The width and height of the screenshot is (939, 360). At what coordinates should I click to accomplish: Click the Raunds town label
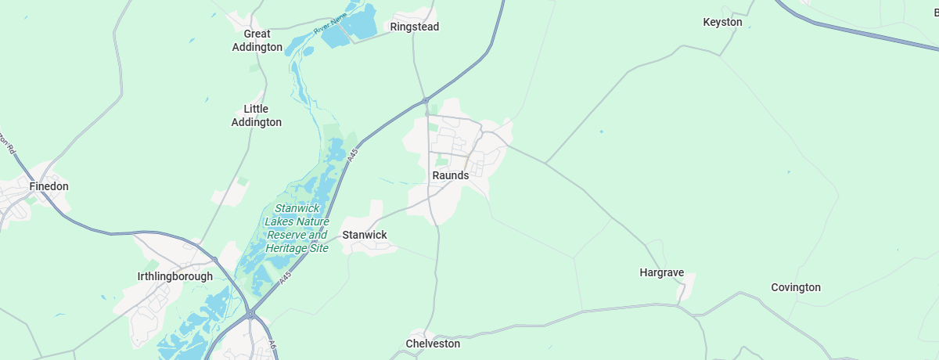[450, 175]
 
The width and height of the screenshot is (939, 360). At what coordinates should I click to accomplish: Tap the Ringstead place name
[415, 27]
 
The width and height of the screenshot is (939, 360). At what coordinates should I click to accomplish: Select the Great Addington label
[257, 41]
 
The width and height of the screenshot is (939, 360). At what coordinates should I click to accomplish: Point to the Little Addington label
[256, 116]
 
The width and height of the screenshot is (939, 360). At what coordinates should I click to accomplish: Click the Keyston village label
[722, 22]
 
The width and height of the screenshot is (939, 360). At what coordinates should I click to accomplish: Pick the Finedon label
[49, 186]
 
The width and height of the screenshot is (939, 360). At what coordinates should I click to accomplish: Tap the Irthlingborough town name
[174, 276]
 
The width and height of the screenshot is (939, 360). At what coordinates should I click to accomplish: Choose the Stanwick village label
[365, 235]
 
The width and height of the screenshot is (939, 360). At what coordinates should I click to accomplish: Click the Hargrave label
[662, 272]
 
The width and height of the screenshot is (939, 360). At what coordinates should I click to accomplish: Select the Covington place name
[796, 287]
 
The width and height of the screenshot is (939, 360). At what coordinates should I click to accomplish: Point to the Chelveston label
[433, 344]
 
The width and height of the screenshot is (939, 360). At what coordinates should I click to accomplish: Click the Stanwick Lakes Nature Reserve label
[297, 229]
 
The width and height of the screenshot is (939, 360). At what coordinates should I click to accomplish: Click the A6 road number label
[272, 344]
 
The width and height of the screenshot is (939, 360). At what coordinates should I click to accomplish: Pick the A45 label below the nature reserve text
[286, 276]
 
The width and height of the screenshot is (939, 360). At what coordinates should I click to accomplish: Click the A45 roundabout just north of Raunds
[425, 100]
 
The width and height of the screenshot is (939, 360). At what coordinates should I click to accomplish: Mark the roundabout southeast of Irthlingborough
[250, 315]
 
